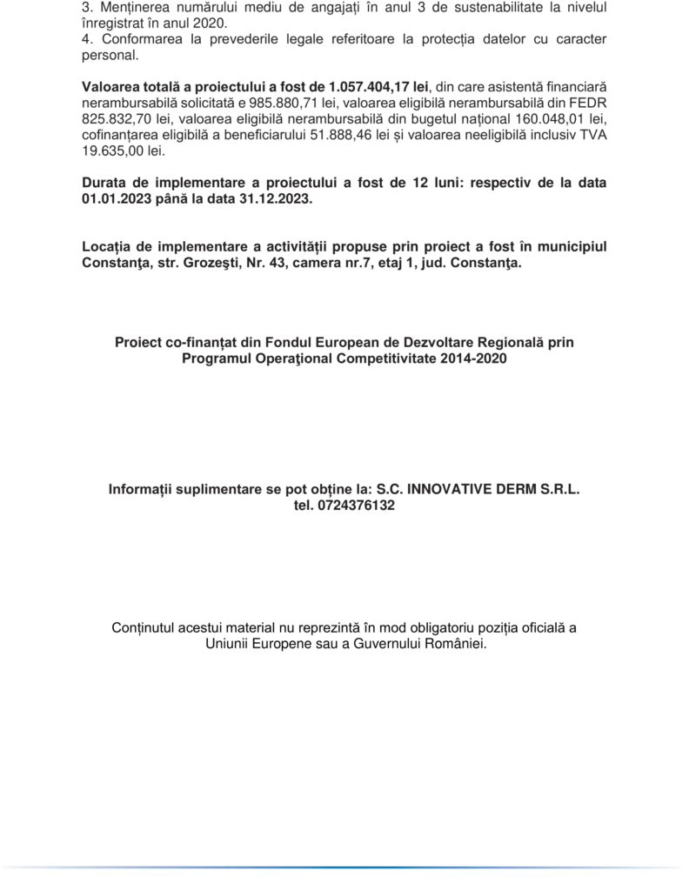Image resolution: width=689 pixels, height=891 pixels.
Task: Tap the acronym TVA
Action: tap(592, 134)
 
